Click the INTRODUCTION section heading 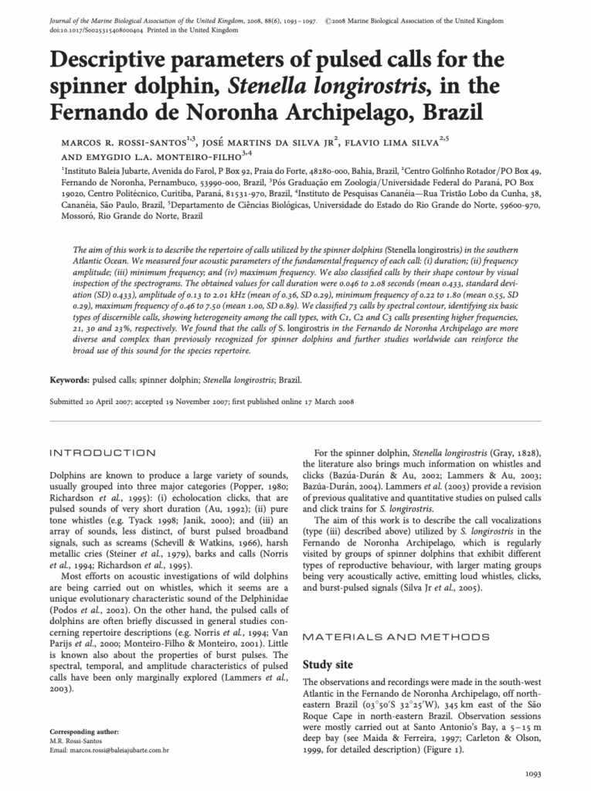pyautogui.click(x=102, y=452)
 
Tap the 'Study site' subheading pyautogui.click(x=328, y=664)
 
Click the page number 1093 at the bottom pyautogui.click(x=536, y=773)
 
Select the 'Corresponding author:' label pyautogui.click(x=84, y=731)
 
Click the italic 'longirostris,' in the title pyautogui.click(x=325, y=85)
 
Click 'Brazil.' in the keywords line pyautogui.click(x=290, y=380)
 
